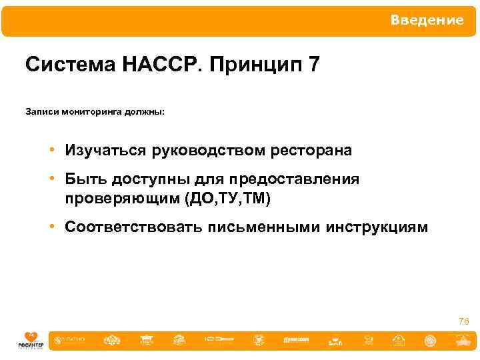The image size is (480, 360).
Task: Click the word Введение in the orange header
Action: (427, 21)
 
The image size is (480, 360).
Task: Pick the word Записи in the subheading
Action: (41, 112)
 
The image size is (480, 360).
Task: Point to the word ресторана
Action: (311, 151)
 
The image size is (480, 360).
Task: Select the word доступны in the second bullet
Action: (146, 181)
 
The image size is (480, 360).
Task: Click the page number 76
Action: (463, 322)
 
